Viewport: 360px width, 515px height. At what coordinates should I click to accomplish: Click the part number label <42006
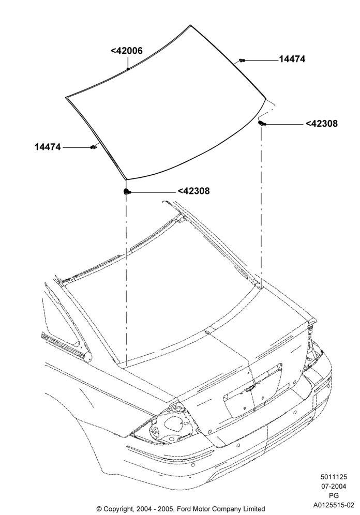click(126, 51)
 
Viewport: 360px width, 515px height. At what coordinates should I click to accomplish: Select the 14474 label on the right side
click(292, 59)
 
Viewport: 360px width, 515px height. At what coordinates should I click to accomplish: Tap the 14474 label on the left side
click(48, 147)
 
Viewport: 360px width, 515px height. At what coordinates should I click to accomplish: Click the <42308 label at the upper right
click(322, 124)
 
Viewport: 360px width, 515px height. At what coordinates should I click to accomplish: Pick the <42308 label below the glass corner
click(193, 191)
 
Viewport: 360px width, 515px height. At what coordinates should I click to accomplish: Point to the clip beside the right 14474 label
click(243, 60)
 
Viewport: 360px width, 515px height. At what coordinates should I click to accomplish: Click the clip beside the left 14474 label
click(93, 147)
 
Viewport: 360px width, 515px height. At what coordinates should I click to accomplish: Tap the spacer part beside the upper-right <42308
click(262, 124)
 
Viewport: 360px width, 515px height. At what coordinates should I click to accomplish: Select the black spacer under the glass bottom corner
click(127, 191)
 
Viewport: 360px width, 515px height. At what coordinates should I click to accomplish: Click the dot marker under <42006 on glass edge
click(128, 69)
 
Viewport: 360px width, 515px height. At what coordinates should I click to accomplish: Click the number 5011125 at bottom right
click(334, 477)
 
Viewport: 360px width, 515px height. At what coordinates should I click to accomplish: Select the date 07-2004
click(334, 487)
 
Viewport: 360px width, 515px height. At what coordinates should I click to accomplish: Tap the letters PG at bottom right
click(334, 496)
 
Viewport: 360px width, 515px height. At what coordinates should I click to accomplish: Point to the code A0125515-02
click(334, 505)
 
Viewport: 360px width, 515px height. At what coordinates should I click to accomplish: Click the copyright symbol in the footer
click(99, 509)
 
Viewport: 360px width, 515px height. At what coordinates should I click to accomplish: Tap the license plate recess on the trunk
click(253, 390)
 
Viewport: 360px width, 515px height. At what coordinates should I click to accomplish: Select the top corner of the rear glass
click(190, 25)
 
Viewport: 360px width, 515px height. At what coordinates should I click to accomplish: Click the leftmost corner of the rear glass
click(66, 97)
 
